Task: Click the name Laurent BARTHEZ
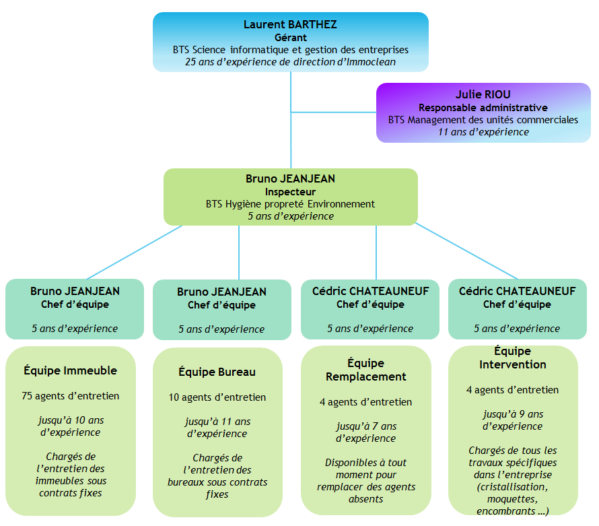[x=290, y=24]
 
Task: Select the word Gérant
[x=290, y=37]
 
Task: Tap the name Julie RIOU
[x=483, y=95]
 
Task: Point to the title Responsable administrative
[x=483, y=108]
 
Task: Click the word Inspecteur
[x=290, y=192]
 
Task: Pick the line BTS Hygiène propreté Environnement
[x=290, y=204]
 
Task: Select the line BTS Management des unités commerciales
[x=483, y=120]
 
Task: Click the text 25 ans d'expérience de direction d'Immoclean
[x=290, y=61]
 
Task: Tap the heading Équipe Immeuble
[x=71, y=370]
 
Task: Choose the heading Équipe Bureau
[x=217, y=372]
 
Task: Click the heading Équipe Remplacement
[x=366, y=370]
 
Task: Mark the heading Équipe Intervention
[x=512, y=358]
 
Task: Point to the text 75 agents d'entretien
[x=71, y=396]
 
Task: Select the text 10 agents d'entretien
[x=217, y=397]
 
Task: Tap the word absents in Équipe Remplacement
[x=366, y=499]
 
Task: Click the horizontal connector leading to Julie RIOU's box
[x=333, y=112]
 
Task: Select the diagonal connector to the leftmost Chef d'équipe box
[x=135, y=252]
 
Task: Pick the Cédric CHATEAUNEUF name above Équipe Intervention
[x=517, y=292]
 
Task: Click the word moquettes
[x=512, y=499]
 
